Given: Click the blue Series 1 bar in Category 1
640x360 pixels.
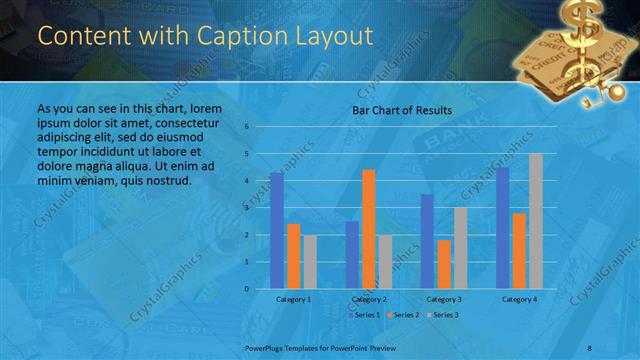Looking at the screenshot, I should [276, 231].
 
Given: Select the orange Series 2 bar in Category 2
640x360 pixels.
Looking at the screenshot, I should [368, 229].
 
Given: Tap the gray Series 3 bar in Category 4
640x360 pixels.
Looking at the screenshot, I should [536, 221].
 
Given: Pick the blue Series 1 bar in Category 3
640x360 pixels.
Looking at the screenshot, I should [427, 241].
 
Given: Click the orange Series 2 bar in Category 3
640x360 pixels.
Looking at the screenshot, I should [443, 264].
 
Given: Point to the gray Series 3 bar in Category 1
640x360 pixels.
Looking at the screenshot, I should [309, 262].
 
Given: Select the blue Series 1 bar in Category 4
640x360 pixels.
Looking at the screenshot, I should [502, 228].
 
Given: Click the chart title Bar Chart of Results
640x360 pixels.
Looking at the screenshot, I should [402, 110].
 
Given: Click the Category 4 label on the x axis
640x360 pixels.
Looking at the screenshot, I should [519, 299].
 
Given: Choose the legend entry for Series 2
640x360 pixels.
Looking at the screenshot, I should [403, 315].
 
